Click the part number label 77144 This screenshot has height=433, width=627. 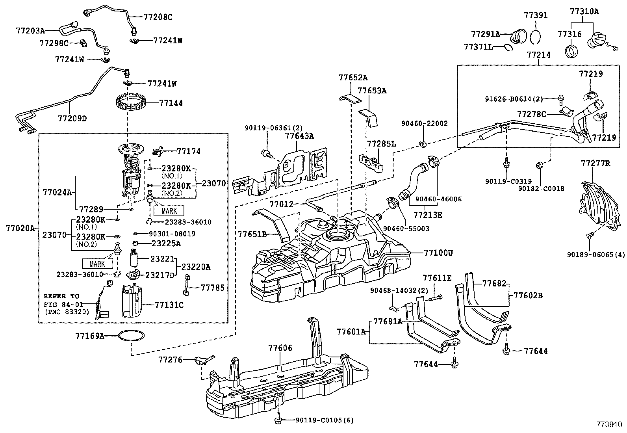[171, 103]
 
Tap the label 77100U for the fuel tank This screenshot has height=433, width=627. [438, 253]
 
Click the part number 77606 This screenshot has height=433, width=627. [280, 348]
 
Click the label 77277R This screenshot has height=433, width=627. [595, 163]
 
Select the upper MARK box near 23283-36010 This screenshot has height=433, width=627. [169, 211]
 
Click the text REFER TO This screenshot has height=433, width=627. [61, 296]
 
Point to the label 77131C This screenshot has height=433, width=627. [169, 305]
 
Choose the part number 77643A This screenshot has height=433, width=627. [299, 136]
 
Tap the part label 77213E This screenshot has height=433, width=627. [428, 215]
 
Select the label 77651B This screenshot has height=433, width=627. [252, 234]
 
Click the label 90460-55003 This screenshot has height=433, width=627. [406, 229]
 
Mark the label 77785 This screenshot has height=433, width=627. [212, 288]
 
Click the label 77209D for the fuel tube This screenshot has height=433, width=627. [72, 118]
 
